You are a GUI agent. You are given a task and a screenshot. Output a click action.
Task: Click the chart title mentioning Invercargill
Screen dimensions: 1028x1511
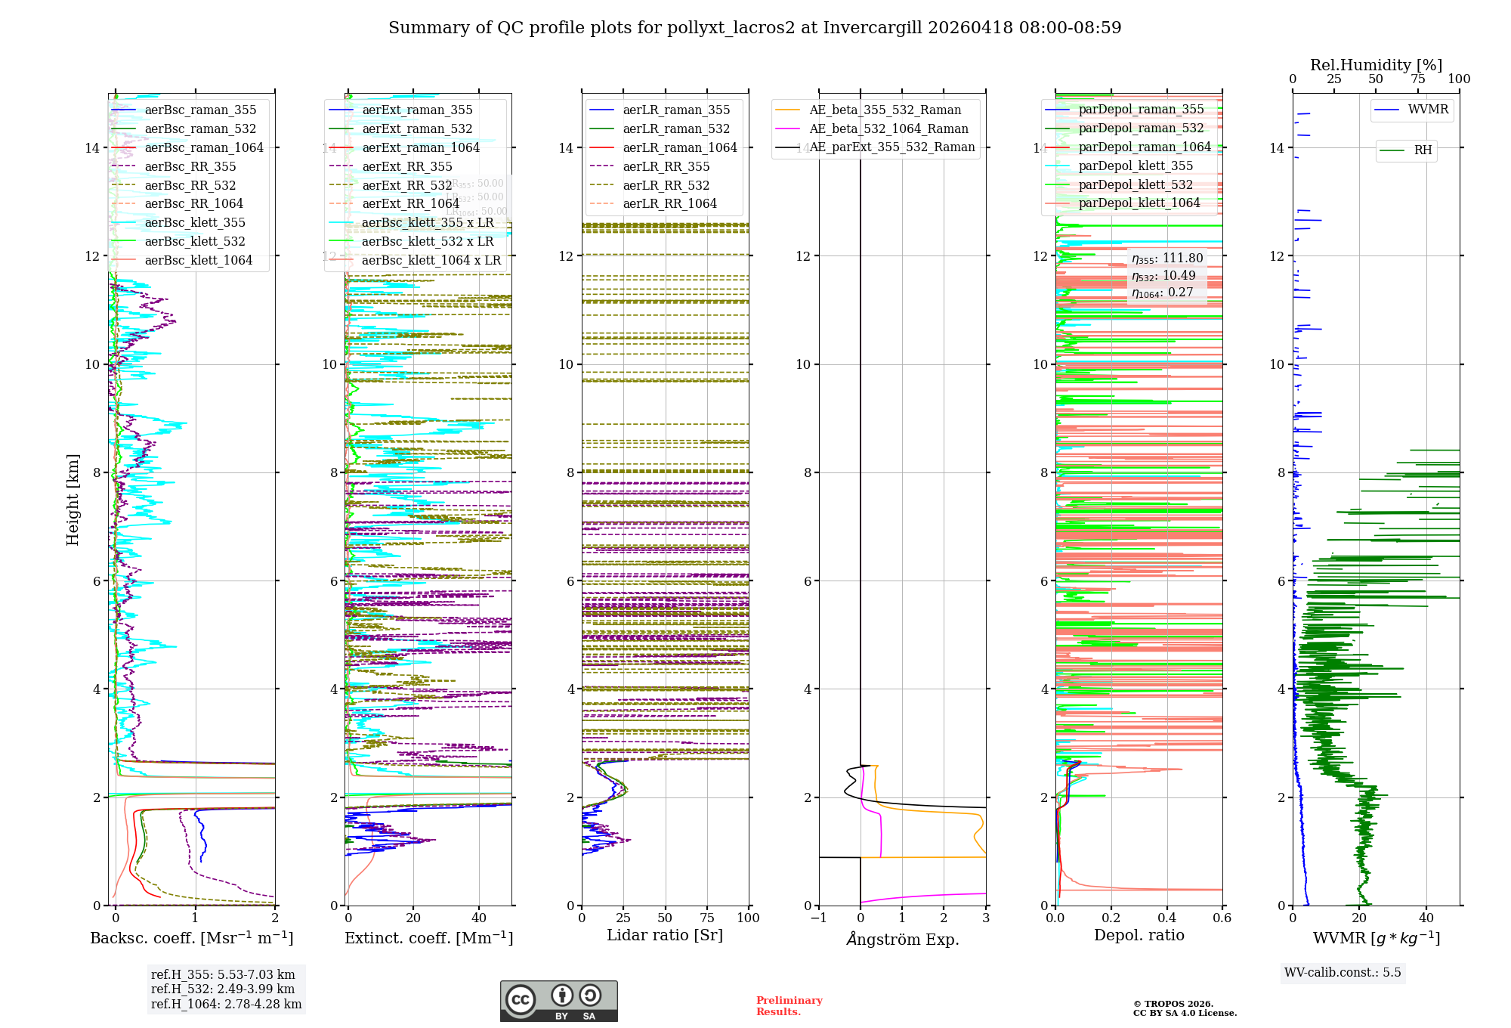pos(754,28)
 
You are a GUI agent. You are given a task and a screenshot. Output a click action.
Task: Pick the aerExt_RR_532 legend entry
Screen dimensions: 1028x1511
pos(406,186)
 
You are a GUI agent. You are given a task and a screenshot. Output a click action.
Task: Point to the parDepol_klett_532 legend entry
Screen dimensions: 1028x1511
pos(1136,185)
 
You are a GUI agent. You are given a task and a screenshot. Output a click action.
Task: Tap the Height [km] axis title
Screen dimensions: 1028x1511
pos(73,500)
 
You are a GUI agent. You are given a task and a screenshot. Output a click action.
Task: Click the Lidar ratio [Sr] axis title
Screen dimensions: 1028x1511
pos(665,936)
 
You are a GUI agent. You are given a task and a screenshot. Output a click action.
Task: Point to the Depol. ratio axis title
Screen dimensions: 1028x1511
pos(1139,936)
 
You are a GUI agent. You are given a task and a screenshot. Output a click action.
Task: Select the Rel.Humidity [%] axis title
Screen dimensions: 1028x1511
pos(1376,65)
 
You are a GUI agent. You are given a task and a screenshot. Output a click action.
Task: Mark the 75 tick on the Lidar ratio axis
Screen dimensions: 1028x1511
pos(707,918)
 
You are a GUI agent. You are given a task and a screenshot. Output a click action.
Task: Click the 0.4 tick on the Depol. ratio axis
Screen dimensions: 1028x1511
pos(1166,918)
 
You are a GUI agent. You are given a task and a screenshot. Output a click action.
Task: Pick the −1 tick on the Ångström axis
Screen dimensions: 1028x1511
pos(818,918)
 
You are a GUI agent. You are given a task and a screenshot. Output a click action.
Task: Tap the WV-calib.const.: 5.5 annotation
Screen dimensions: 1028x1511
pos(1343,973)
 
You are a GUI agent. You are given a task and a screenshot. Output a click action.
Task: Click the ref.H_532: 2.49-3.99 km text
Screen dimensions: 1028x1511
pos(223,989)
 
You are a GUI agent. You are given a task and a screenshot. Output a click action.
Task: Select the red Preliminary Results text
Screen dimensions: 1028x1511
pos(789,1006)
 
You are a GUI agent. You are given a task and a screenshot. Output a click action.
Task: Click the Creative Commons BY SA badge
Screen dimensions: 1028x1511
pos(558,1002)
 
